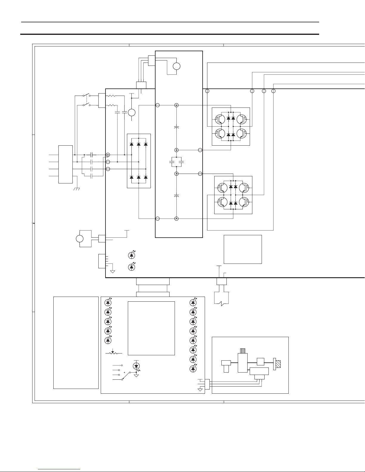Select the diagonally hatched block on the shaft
[278, 364]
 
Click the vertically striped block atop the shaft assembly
[243, 351]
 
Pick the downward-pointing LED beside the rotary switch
[136, 365]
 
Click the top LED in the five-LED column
[108, 302]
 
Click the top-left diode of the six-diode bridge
[132, 144]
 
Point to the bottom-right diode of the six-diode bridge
[146, 177]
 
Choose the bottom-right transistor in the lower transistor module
[244, 202]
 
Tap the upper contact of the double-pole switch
[86, 96]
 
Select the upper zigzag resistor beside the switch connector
[111, 96]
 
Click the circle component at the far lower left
[80, 239]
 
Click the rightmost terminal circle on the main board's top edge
[274, 91]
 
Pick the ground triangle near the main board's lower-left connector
[113, 271]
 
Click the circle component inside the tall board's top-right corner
[177, 66]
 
